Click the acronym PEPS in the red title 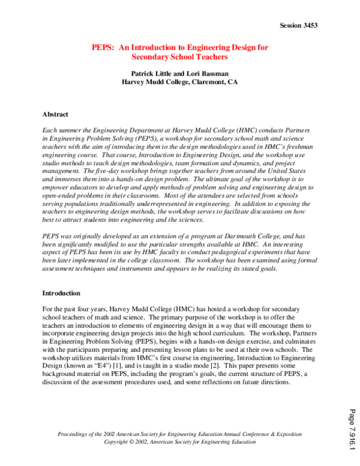point(103,47)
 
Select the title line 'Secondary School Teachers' point(179,57)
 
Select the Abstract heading point(55,114)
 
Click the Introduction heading point(61,293)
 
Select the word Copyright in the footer point(119,441)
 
